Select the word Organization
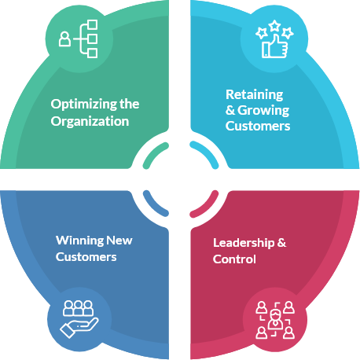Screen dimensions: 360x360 coord(90,122)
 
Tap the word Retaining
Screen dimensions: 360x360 coord(255,95)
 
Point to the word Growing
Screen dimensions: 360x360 coord(263,111)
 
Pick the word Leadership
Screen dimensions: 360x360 coord(244,243)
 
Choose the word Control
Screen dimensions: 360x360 coord(234,259)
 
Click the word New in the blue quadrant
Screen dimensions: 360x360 coord(119,241)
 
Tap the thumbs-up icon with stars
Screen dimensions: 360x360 coord(274,39)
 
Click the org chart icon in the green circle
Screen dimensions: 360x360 coord(79,39)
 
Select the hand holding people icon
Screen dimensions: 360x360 coord(79,319)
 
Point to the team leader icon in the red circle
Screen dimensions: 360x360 coord(275,320)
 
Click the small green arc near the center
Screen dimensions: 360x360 coord(154,153)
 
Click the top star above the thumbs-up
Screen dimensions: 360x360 coord(274,26)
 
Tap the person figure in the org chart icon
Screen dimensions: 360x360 coord(64,39)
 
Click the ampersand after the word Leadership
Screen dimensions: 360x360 coord(281,243)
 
